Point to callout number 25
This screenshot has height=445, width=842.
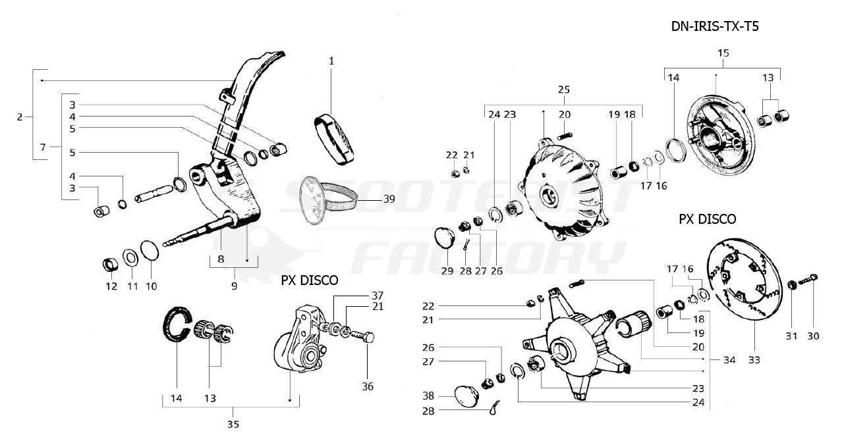[563, 89]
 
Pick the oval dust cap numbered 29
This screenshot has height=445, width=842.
[445, 237]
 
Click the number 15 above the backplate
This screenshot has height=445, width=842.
[723, 53]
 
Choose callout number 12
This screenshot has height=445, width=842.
[111, 286]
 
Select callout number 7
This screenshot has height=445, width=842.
[43, 147]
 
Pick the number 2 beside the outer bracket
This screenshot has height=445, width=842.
[20, 117]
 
